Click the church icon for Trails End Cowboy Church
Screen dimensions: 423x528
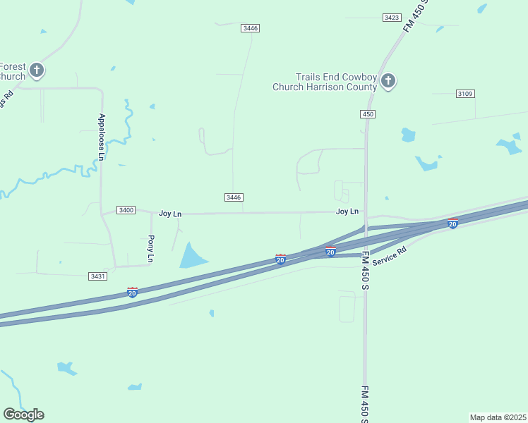pos(388,81)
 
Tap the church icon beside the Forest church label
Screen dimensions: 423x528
pos(37,70)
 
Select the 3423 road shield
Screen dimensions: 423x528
pos(392,17)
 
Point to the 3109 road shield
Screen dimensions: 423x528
pos(464,93)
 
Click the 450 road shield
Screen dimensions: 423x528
pos(367,114)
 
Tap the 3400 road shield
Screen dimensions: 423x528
pos(126,210)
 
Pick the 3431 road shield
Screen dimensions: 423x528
pos(98,276)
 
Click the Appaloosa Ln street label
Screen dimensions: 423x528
pos(102,137)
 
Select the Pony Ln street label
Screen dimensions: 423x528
pos(150,249)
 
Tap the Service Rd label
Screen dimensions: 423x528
pos(390,255)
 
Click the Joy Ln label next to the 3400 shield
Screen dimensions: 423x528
pos(170,213)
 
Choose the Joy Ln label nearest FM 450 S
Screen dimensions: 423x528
pos(347,211)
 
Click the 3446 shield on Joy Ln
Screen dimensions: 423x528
pos(235,197)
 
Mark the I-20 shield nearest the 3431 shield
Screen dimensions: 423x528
pos(132,292)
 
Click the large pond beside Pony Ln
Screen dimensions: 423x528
pos(191,255)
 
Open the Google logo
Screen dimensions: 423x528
pos(23,415)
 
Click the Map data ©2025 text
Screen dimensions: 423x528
pos(498,417)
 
